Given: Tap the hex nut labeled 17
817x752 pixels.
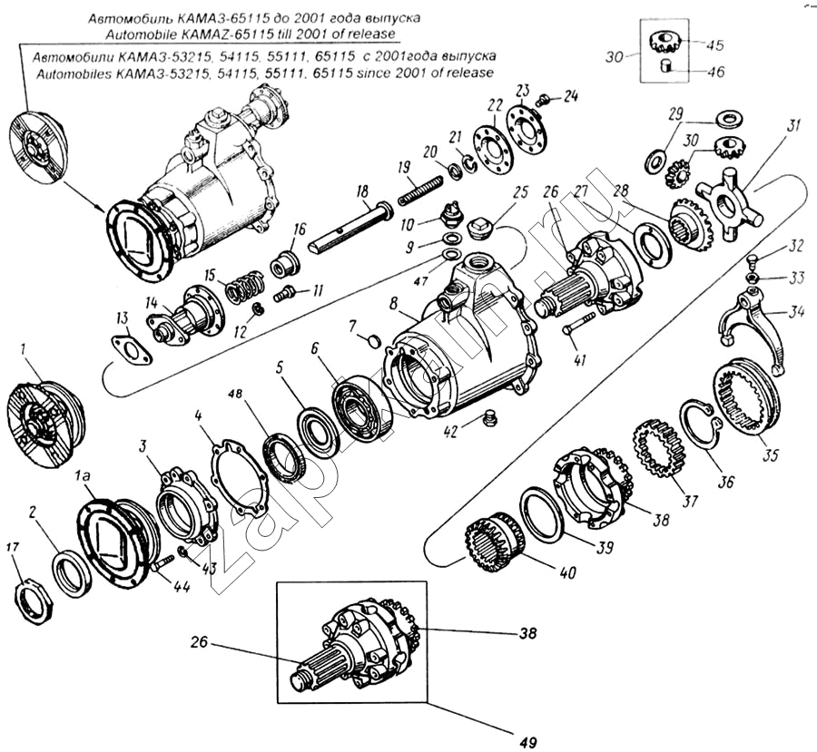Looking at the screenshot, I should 33,600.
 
